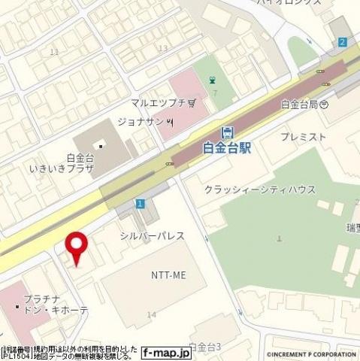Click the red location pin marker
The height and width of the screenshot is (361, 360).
(77, 247)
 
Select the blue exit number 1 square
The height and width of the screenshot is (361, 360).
(140, 204)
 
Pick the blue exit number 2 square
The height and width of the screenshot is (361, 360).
(343, 43)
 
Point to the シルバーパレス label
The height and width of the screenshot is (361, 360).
(153, 236)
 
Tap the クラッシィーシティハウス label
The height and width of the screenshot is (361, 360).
(260, 190)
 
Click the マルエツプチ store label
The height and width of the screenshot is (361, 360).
(153, 102)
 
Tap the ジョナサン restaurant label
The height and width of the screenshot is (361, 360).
(141, 120)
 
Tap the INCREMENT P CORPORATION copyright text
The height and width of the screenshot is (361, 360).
(311, 353)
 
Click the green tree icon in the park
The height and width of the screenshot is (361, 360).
(212, 79)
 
